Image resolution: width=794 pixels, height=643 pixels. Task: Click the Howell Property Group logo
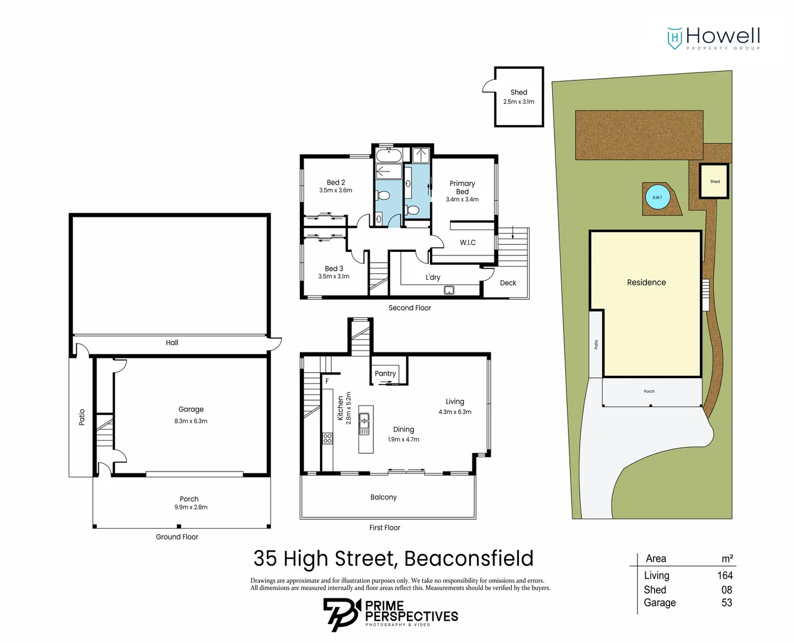pos(713,38)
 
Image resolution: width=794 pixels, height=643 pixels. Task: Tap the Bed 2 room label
pos(335,182)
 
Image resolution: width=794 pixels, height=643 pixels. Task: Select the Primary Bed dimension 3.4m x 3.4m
pos(462,199)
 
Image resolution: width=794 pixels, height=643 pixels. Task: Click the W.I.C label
pos(468,242)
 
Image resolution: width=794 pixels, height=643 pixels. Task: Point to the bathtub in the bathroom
pos(389,156)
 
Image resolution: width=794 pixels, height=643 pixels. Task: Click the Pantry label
pos(385,373)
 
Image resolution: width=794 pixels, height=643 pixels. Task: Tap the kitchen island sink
pos(364,423)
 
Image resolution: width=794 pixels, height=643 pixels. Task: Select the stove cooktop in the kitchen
pos(328,438)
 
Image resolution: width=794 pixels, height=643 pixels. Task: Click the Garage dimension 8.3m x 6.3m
pos(191,421)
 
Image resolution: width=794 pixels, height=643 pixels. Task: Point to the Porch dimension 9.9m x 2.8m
pos(191,507)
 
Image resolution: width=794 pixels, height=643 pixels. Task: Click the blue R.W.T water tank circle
pos(657,198)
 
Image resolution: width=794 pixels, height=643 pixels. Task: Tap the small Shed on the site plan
pos(714,182)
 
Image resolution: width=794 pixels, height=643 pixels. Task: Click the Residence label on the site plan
pos(646,282)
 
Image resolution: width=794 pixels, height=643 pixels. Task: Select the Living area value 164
pos(725,575)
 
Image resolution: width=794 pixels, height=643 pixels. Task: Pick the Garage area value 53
pos(727,603)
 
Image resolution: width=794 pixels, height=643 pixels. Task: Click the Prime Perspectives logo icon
pos(341,614)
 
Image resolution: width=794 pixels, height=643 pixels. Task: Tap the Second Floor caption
pos(410,308)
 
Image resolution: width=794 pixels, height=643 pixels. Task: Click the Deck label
pos(508,283)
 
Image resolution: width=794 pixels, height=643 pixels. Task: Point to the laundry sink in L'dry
pos(449,290)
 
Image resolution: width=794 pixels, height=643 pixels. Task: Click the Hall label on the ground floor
pos(172,342)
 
